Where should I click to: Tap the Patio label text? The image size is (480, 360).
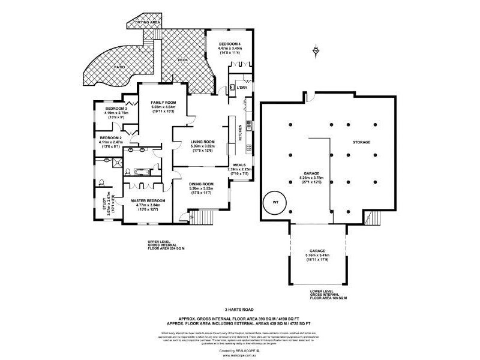click(x=121, y=67)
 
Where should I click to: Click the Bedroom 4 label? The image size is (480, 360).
click(x=230, y=45)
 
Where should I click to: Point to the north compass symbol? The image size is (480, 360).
click(x=316, y=52)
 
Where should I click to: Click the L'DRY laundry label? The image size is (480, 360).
click(x=242, y=88)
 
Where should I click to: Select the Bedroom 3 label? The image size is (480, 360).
click(x=116, y=109)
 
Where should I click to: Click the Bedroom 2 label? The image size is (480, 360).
click(x=111, y=138)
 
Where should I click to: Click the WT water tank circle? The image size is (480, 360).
click(x=275, y=202)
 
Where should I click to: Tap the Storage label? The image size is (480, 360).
click(x=362, y=142)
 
